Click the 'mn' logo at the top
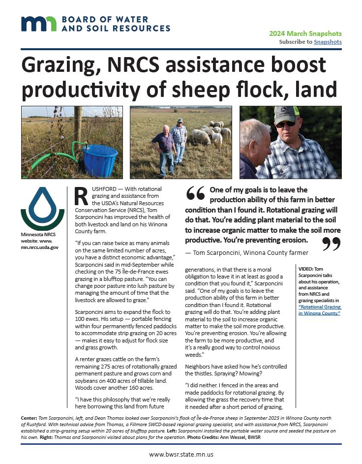point(39,24)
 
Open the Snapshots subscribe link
point(328,42)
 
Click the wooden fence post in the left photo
point(78,128)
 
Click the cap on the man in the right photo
point(286,114)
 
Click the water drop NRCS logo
point(42,209)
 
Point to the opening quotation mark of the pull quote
point(195,194)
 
